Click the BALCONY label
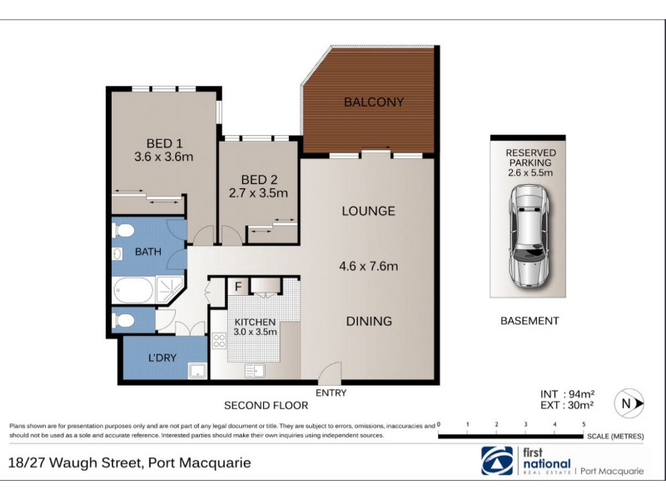click(x=374, y=102)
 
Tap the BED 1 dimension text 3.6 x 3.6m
click(x=164, y=157)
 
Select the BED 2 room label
click(x=259, y=180)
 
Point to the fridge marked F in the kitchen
click(x=238, y=287)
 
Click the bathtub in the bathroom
click(x=133, y=290)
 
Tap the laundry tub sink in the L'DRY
click(x=197, y=371)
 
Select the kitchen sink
click(x=255, y=371)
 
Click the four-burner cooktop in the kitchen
click(x=219, y=341)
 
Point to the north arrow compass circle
click(x=629, y=403)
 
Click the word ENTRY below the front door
click(x=331, y=392)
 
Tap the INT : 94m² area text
click(x=568, y=394)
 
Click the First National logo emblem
click(x=497, y=461)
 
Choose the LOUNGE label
click(x=369, y=212)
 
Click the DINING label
click(x=369, y=322)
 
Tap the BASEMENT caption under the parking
click(x=529, y=321)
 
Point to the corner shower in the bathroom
click(x=170, y=289)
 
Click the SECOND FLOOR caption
click(x=266, y=406)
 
